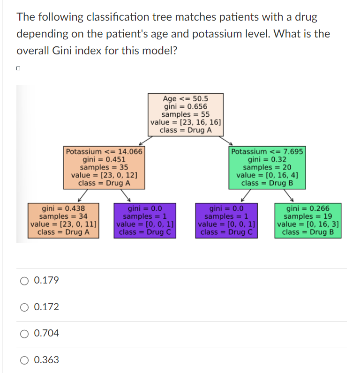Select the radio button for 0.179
coord(24,281)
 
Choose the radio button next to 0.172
coord(24,307)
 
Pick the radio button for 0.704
coord(24,334)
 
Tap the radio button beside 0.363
coord(24,360)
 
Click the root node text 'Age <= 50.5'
coord(186,98)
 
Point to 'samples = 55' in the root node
coord(186,114)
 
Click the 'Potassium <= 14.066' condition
coord(104,151)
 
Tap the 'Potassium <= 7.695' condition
coord(268,151)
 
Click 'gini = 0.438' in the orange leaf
coord(64,208)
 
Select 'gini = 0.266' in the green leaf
coord(308,208)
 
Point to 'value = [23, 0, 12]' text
coord(104,175)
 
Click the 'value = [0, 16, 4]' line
coord(268,175)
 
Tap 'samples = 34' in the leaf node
coord(64,216)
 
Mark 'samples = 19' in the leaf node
coord(308,216)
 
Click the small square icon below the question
coord(18,69)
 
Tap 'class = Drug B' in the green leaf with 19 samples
coord(308,232)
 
